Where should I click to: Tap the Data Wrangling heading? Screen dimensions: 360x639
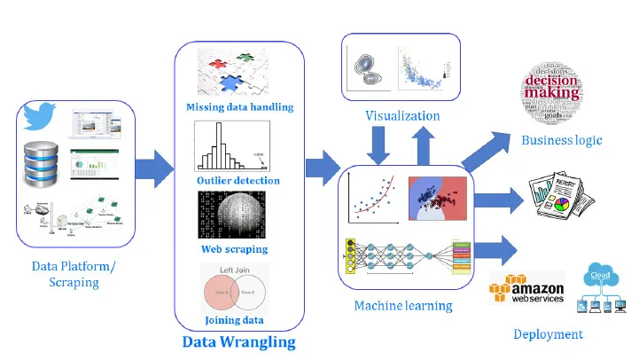pos(238,341)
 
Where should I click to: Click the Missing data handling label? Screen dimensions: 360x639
pos(239,108)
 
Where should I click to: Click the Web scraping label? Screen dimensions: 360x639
pos(234,249)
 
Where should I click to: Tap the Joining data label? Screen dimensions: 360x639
pos(234,320)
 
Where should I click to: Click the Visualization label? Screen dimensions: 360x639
pos(402,116)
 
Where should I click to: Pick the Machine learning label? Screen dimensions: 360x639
pos(403,306)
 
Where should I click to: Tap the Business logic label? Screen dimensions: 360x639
pos(561,140)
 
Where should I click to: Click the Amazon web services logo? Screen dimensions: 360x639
pos(526,291)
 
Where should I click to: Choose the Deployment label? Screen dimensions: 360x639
pos(548,334)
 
